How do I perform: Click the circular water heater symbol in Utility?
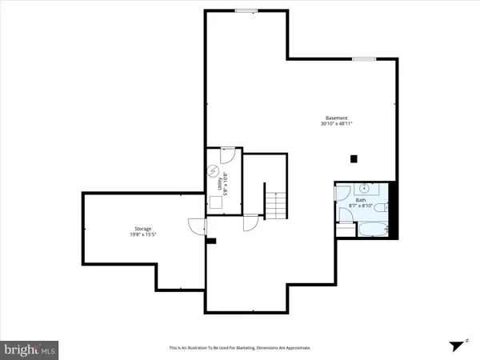point(214,170)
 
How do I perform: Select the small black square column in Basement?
point(353,158)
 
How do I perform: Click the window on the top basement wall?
point(246,10)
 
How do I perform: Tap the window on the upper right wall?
point(364,58)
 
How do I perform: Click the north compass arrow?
point(458,345)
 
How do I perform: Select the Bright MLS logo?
point(30,350)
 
